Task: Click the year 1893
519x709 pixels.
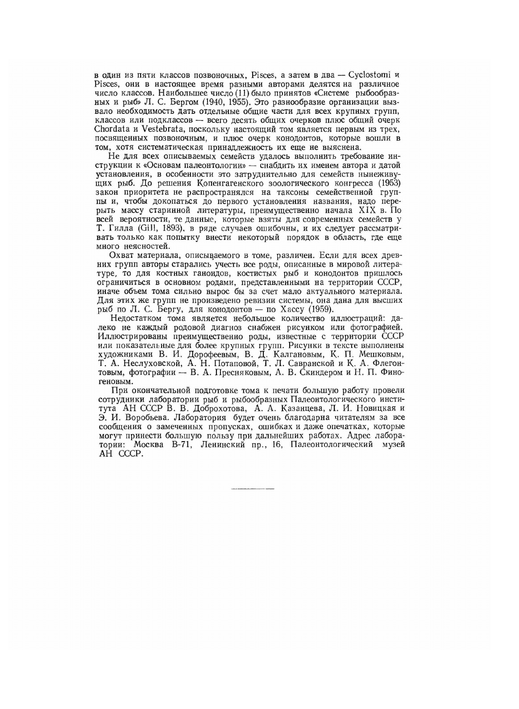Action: click(x=170, y=229)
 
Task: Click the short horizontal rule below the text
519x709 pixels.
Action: click(x=253, y=489)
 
